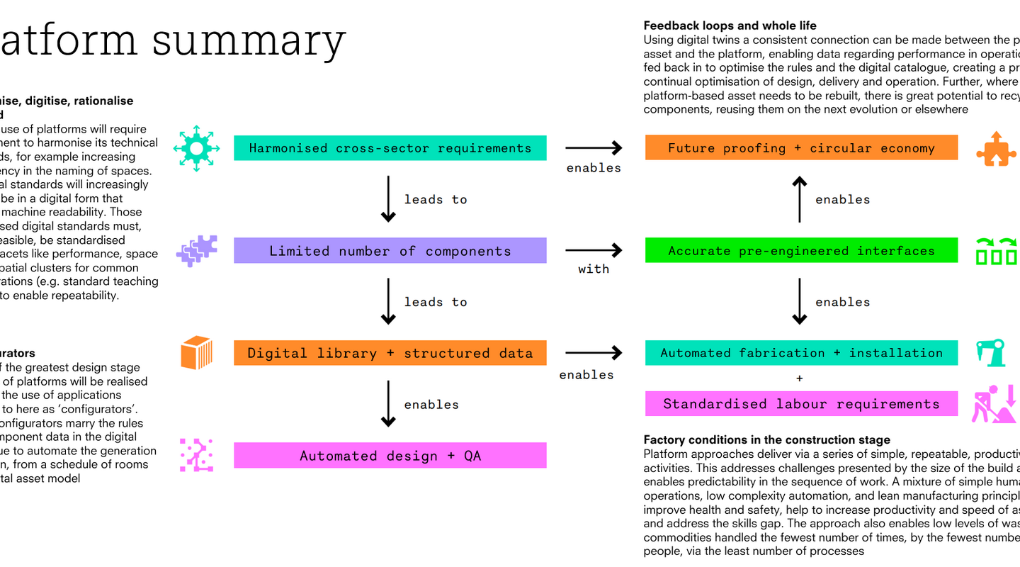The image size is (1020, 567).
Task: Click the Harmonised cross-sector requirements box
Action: click(390, 148)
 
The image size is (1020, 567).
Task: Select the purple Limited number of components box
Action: click(390, 251)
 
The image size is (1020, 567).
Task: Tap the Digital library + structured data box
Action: click(390, 353)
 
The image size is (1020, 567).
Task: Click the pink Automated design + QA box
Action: click(390, 456)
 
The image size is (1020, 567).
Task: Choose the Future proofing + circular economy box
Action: click(801, 148)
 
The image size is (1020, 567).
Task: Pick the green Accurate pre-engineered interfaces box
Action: click(801, 251)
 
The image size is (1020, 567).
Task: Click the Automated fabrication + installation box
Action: click(801, 353)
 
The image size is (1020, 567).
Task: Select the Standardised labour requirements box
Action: click(801, 404)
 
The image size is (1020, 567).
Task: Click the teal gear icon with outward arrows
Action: click(197, 148)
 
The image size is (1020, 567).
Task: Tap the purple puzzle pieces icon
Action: click(197, 251)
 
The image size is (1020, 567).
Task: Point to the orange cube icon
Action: click(197, 353)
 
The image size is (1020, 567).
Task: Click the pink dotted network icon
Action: click(197, 455)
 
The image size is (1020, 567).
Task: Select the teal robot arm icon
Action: click(992, 353)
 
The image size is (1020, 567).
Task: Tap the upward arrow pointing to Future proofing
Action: click(799, 200)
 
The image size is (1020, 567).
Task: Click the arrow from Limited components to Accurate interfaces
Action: click(594, 250)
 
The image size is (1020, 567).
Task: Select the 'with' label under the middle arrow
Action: click(594, 269)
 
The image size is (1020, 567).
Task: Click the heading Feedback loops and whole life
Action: click(730, 26)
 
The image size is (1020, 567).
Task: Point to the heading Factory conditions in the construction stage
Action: click(766, 440)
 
